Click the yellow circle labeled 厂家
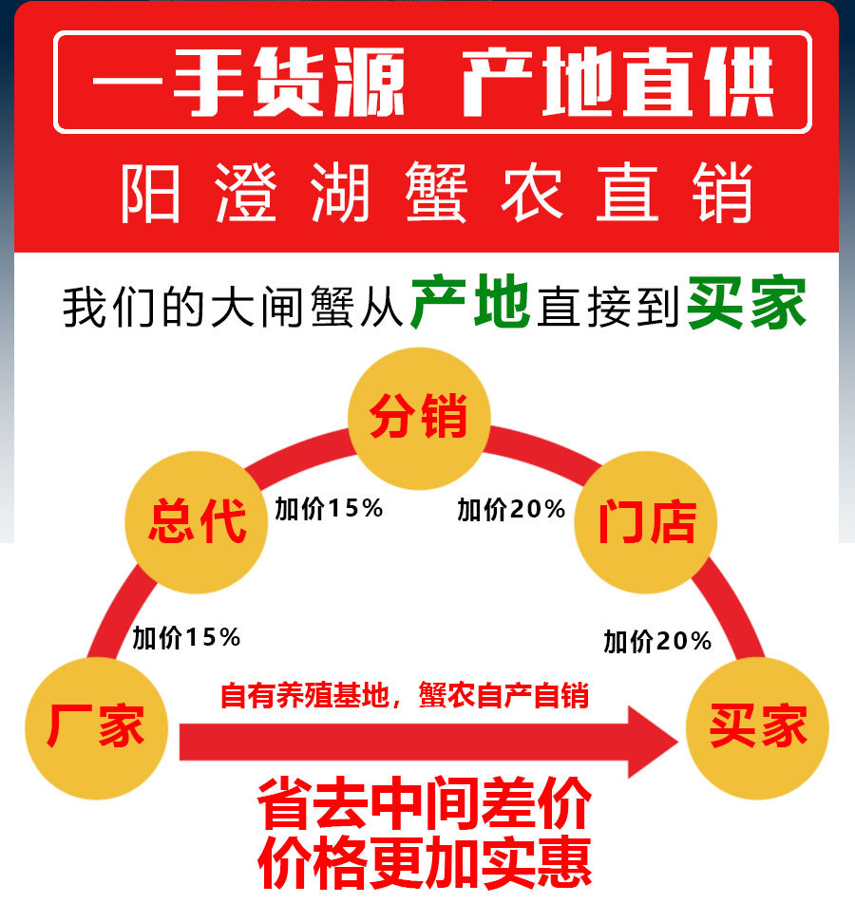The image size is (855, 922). tap(96, 728)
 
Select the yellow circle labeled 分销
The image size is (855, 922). tap(419, 417)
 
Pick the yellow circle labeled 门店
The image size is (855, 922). tap(646, 521)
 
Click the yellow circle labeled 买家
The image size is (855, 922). tap(757, 728)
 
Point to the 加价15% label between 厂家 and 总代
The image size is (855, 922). tap(187, 637)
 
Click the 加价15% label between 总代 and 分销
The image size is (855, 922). tap(329, 509)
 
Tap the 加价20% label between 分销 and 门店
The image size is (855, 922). tap(511, 510)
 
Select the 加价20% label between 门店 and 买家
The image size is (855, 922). tap(657, 642)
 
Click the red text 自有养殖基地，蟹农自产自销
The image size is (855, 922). tap(405, 696)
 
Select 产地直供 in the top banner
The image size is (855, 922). tap(618, 84)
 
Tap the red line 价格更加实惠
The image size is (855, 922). tap(425, 861)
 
